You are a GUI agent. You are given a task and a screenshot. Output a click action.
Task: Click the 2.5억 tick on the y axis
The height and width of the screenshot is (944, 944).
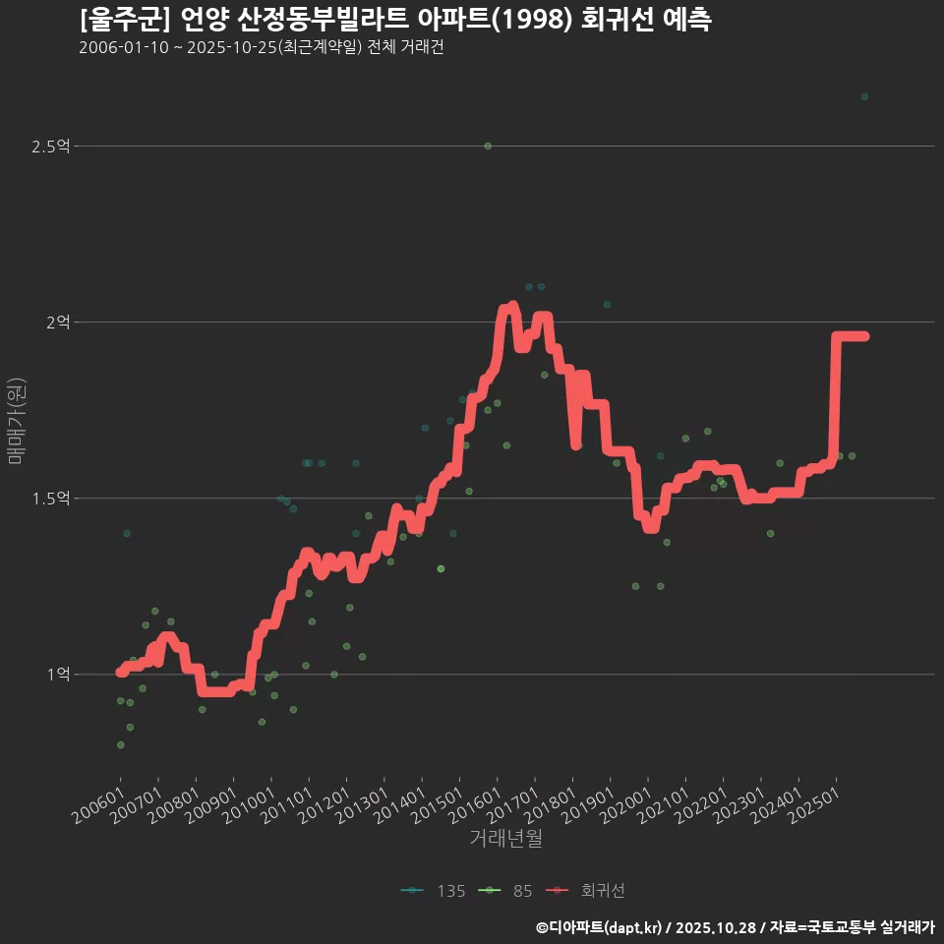coord(50,147)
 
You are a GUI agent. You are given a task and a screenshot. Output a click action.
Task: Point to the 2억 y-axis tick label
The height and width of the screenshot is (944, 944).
coord(58,322)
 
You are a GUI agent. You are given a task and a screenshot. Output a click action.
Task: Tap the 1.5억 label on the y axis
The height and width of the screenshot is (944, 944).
coord(50,499)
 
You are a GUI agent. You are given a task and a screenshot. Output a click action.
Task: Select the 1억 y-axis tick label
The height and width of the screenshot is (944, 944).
coord(58,675)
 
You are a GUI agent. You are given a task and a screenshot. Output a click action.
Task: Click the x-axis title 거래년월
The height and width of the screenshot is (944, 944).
coord(505,839)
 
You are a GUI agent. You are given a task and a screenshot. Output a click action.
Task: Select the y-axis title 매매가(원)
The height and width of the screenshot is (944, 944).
coord(16,421)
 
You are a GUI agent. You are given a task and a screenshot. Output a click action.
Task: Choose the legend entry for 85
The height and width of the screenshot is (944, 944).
coord(508,891)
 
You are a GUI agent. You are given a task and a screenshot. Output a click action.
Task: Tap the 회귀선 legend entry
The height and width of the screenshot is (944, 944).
coord(588,891)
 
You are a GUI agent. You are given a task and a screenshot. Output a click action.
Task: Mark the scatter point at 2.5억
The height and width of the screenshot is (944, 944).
coord(488,147)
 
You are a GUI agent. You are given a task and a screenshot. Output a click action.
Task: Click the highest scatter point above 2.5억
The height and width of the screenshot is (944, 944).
coord(864,96)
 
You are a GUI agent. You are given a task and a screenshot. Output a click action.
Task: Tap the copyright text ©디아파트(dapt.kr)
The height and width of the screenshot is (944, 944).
coord(600,927)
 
